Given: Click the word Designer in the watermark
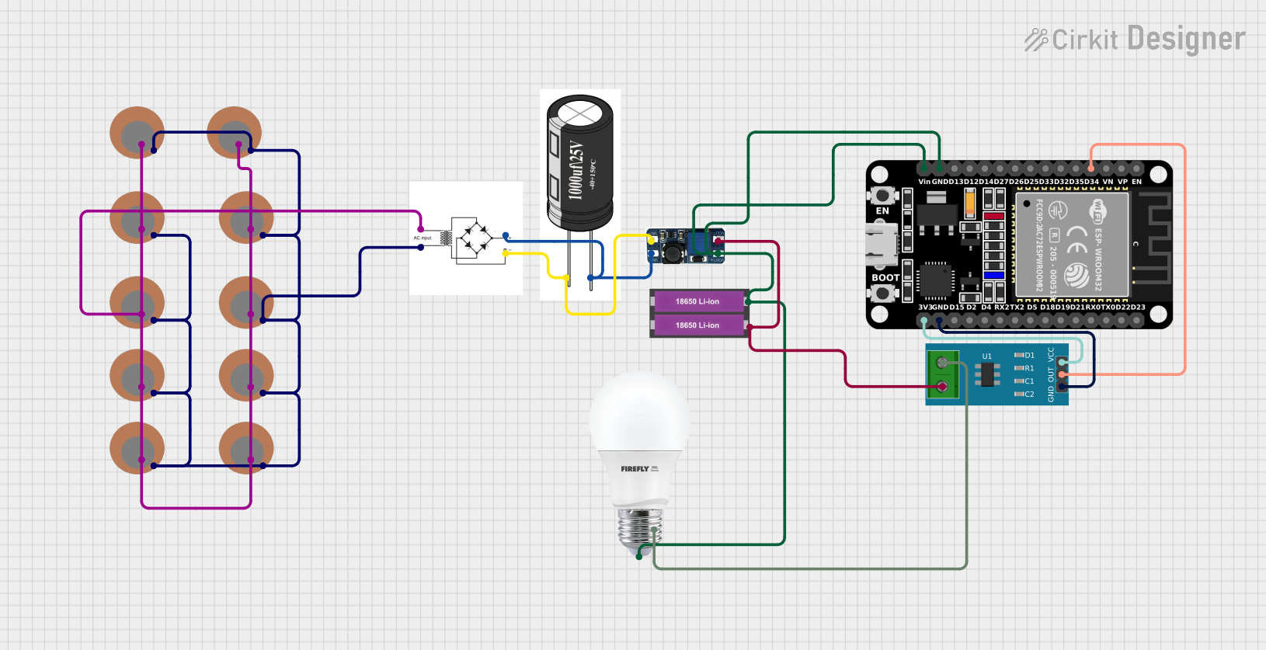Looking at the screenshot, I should (x=1186, y=39).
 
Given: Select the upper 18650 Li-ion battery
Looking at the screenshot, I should (x=697, y=301).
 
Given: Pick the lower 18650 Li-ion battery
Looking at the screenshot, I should (x=697, y=325).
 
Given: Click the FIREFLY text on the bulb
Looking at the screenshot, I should (x=635, y=469).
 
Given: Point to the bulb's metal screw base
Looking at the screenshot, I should (x=639, y=528).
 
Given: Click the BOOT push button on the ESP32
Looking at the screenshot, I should (x=882, y=294).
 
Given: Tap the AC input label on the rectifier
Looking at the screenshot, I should (x=423, y=238).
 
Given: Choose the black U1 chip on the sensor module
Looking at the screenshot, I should (x=987, y=375).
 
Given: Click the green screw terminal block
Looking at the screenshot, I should (x=943, y=374).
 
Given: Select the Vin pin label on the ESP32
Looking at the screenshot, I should (x=923, y=182).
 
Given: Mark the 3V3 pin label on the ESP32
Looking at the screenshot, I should (x=924, y=308).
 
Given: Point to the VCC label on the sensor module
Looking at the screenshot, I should (x=1051, y=354).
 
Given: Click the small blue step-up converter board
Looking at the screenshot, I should (x=685, y=246).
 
